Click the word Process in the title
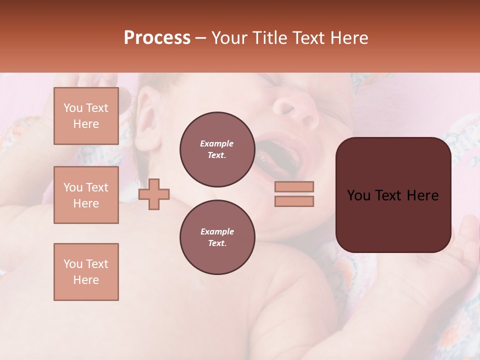tap(157, 38)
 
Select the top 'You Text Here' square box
tap(86, 116)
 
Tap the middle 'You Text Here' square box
tap(86, 195)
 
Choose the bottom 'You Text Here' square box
tap(86, 272)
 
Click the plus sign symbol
tap(154, 194)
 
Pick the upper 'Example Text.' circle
tap(217, 149)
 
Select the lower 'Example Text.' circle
tap(217, 237)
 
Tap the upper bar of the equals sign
tap(294, 186)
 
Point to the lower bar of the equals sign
tap(294, 201)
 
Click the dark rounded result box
tap(393, 195)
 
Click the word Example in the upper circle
tap(217, 143)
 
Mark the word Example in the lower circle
tap(217, 231)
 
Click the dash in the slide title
tap(201, 38)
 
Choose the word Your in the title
tap(228, 38)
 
